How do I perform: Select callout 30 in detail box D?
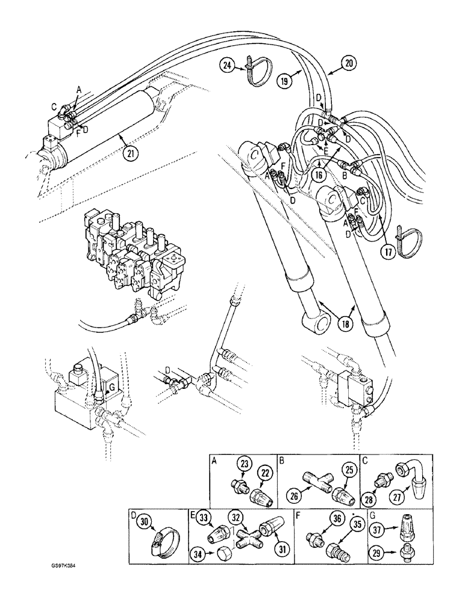[x=143, y=523]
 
